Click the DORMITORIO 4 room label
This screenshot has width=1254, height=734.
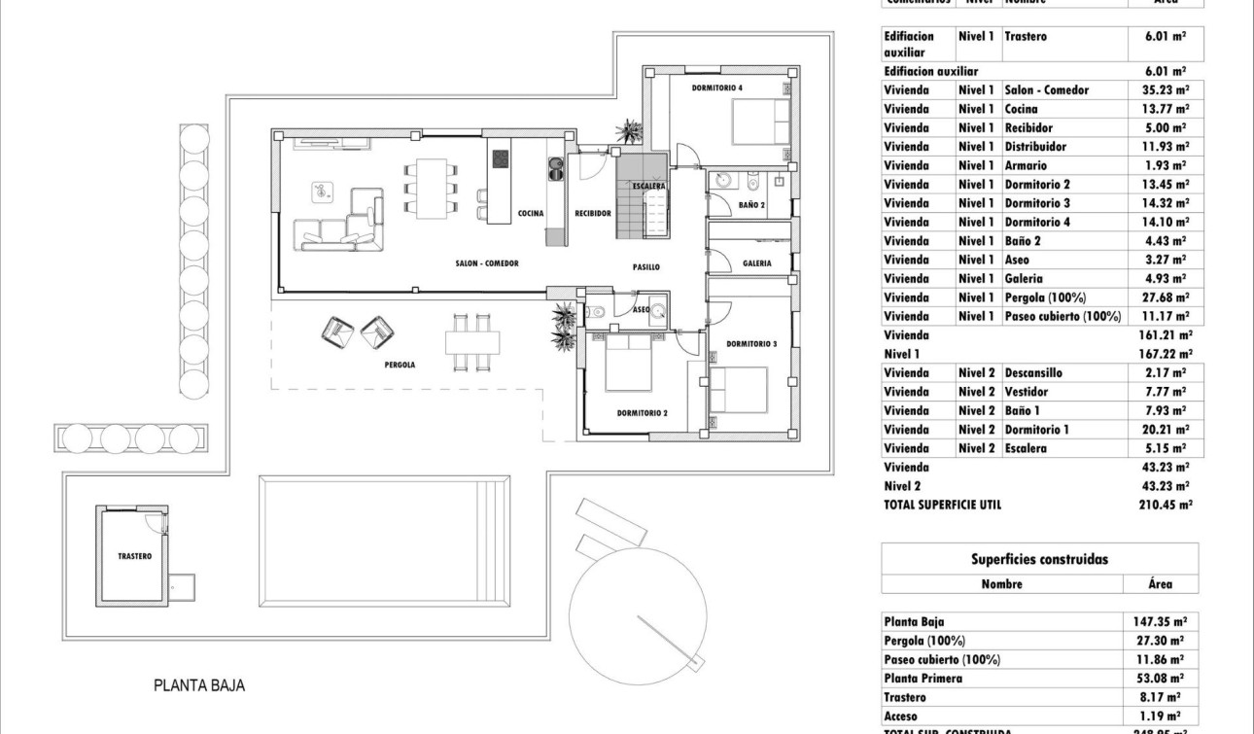pyautogui.click(x=717, y=88)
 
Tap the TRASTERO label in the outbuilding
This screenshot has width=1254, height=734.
pyautogui.click(x=134, y=556)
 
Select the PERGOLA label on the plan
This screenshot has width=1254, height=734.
pyautogui.click(x=399, y=365)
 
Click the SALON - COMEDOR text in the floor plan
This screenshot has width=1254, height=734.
pyautogui.click(x=487, y=263)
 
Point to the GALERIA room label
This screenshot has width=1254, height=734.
pyautogui.click(x=757, y=263)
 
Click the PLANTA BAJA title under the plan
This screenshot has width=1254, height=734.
pyautogui.click(x=199, y=685)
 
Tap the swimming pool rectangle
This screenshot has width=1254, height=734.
pyautogui.click(x=384, y=540)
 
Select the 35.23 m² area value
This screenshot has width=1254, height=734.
pyautogui.click(x=1164, y=90)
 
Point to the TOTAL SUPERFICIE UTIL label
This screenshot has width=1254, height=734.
pyautogui.click(x=942, y=505)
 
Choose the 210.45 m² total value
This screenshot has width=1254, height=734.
pyautogui.click(x=1164, y=505)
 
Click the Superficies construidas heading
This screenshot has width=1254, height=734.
pyautogui.click(x=1039, y=559)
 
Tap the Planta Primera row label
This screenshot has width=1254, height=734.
pyautogui.click(x=923, y=678)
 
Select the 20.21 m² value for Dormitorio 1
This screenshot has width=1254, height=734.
pyautogui.click(x=1164, y=430)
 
